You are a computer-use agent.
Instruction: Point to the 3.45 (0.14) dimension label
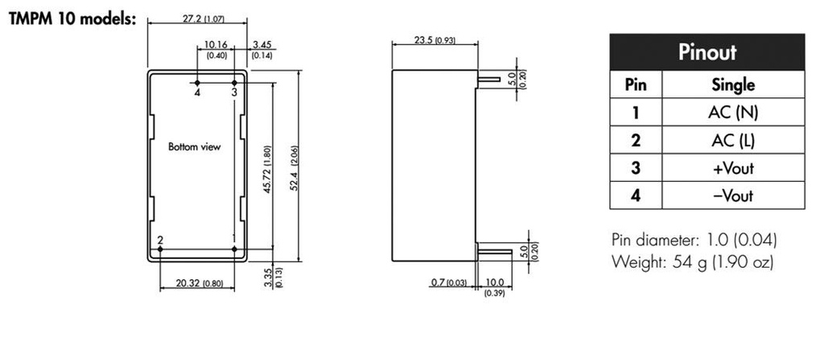(262, 50)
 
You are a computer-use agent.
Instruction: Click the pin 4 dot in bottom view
(198, 82)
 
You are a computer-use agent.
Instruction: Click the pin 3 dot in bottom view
(234, 82)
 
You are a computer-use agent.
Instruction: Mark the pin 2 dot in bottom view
(161, 249)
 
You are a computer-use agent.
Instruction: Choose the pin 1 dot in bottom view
(234, 249)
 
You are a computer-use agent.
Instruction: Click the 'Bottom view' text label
(194, 147)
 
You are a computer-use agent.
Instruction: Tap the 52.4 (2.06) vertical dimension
(295, 167)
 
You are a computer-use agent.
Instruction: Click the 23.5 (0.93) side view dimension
(434, 40)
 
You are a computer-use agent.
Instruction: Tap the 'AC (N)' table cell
(732, 113)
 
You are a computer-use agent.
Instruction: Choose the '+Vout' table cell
(732, 168)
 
